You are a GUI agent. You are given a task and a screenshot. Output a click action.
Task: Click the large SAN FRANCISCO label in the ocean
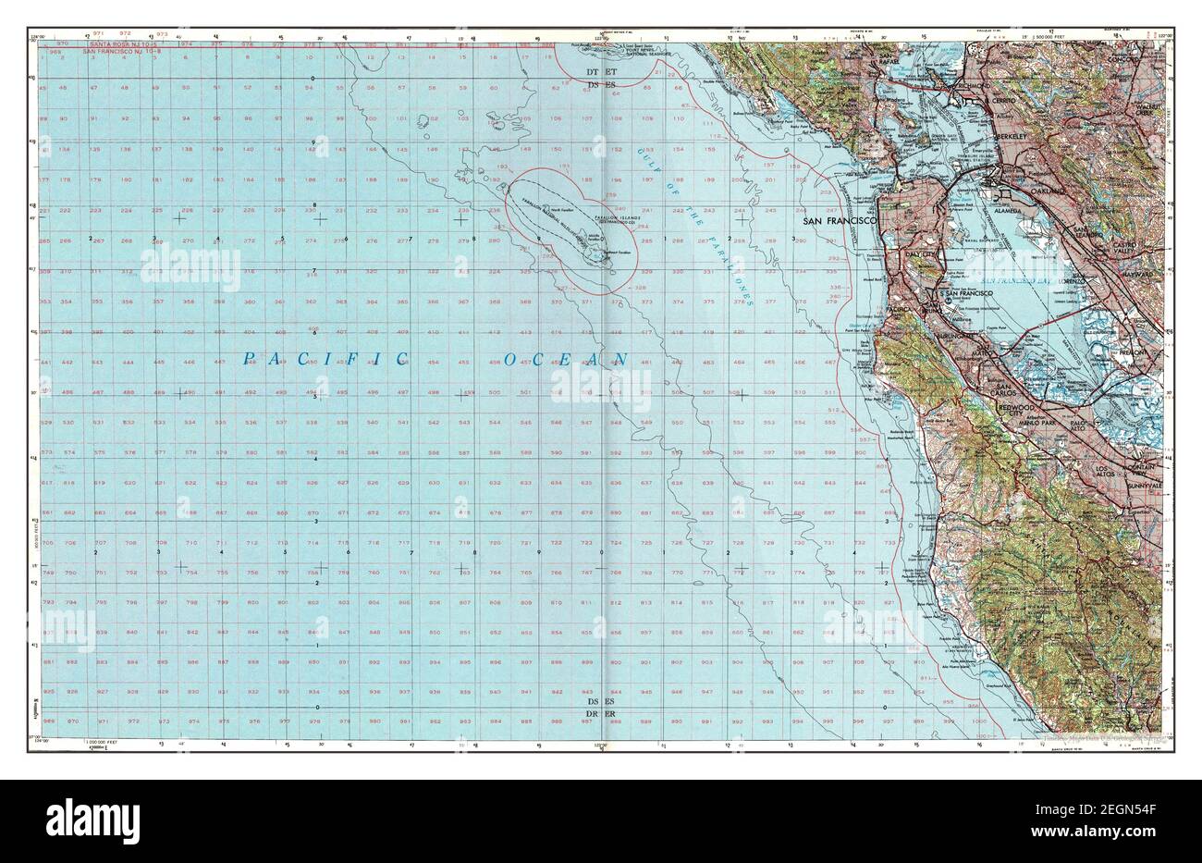838,222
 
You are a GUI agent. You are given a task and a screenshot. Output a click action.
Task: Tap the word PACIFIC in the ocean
325,358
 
